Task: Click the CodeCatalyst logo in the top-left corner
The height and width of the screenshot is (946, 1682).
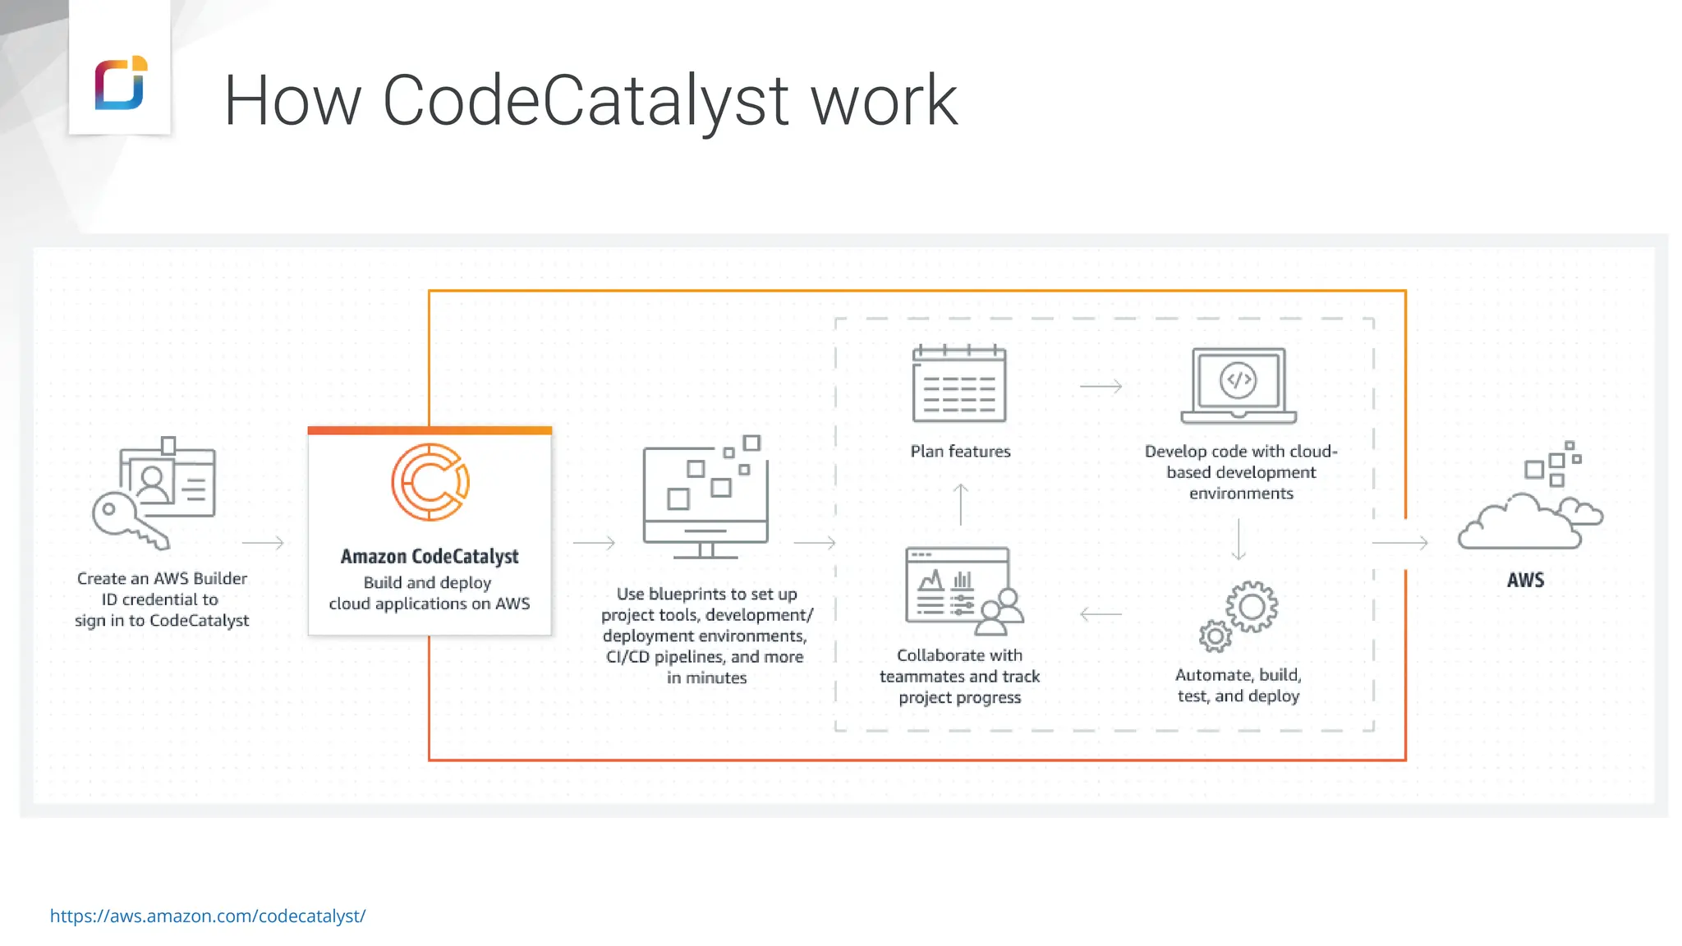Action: click(121, 83)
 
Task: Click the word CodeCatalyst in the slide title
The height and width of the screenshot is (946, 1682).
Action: click(586, 100)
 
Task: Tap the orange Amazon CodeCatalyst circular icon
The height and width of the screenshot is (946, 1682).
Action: click(430, 482)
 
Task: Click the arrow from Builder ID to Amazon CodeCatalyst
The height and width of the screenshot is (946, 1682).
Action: click(263, 543)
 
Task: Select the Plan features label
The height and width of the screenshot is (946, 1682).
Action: click(960, 451)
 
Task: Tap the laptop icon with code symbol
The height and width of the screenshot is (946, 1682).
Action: click(1239, 385)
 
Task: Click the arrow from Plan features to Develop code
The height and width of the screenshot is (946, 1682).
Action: click(1101, 386)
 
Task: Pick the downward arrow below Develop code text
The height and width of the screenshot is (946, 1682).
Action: click(1239, 540)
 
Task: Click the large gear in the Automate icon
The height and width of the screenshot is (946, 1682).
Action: click(1252, 607)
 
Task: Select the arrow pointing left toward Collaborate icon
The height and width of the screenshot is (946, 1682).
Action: click(1101, 613)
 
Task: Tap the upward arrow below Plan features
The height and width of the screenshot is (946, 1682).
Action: click(960, 504)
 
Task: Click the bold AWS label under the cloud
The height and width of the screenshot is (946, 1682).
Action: click(1525, 580)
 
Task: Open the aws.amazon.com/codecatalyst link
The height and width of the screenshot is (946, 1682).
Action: click(208, 916)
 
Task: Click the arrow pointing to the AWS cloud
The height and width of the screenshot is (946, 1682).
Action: click(1400, 543)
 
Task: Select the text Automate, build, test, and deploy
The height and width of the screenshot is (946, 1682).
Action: click(1239, 685)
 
